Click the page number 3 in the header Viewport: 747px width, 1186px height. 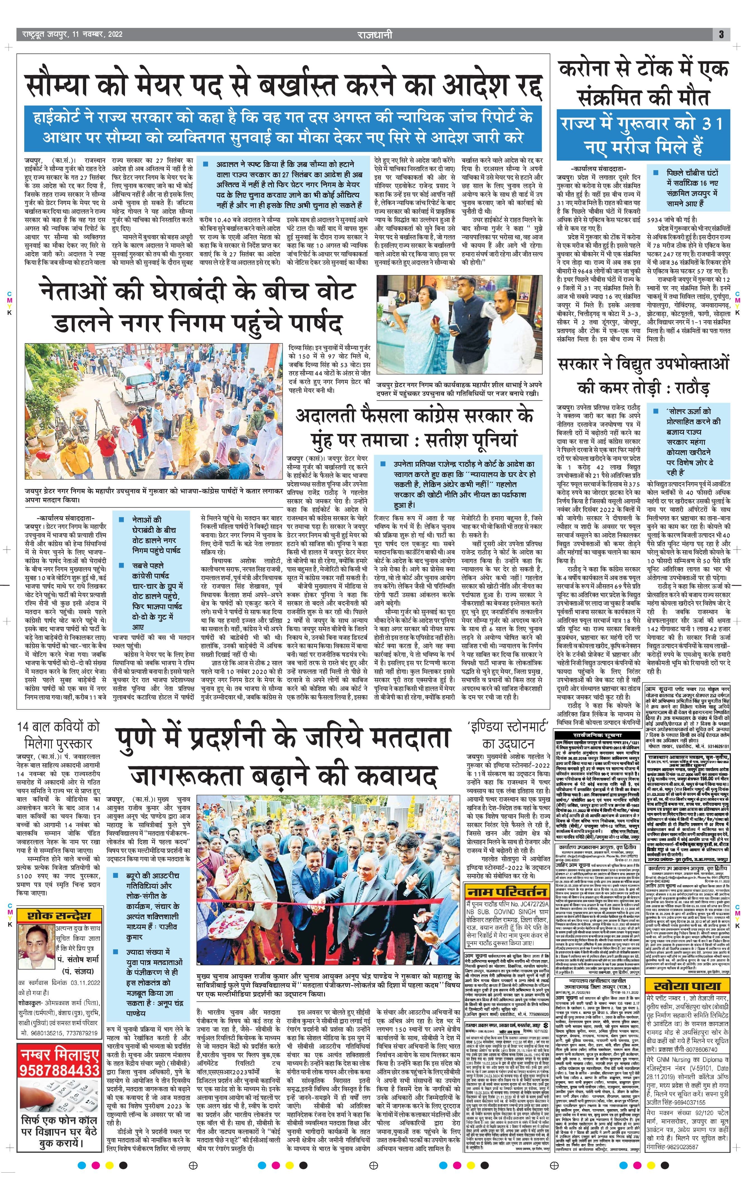(721, 35)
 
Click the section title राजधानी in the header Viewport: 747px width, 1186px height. (375, 35)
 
